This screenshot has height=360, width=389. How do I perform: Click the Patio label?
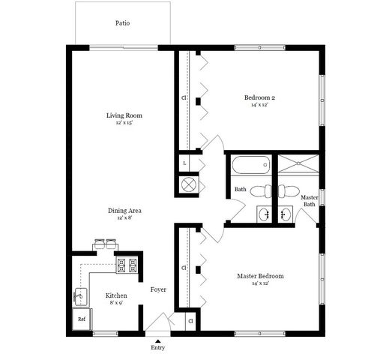pos(122,23)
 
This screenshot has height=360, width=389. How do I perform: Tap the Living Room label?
pos(124,115)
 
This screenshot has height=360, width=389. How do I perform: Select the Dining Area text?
pos(124,211)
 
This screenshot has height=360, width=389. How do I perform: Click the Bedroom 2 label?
pos(259,97)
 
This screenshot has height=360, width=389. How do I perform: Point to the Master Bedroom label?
pos(260,276)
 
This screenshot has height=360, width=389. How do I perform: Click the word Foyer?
pos(158,289)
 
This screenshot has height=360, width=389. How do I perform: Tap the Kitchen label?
pos(116,295)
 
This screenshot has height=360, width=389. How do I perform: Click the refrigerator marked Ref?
pos(82,319)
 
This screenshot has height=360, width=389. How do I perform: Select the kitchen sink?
pos(81,297)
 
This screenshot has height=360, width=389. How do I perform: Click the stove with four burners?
pos(127,265)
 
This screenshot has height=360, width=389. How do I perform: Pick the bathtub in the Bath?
pos(250,165)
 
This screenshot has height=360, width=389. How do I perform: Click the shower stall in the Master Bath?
pos(298,163)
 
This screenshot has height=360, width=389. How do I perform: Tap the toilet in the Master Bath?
pos(289,191)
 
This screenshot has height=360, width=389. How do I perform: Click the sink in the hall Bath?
pos(265,214)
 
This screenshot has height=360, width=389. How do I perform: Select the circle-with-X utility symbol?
pos(188,185)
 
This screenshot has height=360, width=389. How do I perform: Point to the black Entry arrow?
pos(157,341)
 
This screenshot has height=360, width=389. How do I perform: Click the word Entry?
pos(158,348)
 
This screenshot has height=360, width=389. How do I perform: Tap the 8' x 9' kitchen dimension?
pos(116,303)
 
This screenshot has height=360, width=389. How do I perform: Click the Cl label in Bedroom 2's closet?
pos(184,97)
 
